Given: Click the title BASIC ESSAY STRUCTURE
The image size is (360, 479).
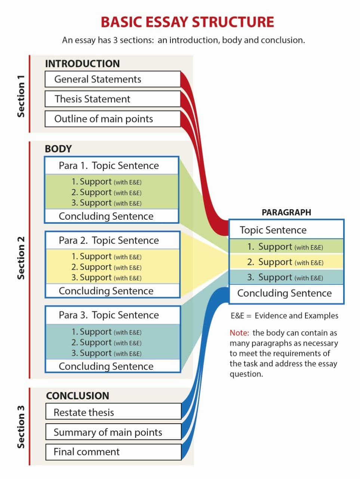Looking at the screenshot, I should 187,22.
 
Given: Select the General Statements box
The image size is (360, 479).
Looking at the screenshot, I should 112,79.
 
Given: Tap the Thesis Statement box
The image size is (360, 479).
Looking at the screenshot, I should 112,99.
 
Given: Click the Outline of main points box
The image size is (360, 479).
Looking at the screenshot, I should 112,119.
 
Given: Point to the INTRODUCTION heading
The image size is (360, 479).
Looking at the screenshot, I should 82,64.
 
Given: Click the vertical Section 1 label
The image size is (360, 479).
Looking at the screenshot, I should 21,96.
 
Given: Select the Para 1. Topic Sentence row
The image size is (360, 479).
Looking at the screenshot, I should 111,166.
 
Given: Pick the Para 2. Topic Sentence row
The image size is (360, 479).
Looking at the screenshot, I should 111,241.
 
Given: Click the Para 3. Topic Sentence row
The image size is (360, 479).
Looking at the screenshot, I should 111,315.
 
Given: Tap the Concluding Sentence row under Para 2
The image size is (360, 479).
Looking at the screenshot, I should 111,291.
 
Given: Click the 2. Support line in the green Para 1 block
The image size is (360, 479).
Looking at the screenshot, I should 107,192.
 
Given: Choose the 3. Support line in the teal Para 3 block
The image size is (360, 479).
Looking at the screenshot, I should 107,353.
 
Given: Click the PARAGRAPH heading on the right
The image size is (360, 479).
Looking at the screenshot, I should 286,212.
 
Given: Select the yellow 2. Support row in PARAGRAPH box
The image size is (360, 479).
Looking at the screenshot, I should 286,262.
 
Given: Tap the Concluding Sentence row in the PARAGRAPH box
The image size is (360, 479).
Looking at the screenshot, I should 286,293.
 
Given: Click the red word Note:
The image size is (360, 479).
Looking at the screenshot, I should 239,333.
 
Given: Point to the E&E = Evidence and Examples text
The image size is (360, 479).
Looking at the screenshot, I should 284,315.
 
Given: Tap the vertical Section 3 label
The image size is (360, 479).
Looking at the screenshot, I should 21,427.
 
